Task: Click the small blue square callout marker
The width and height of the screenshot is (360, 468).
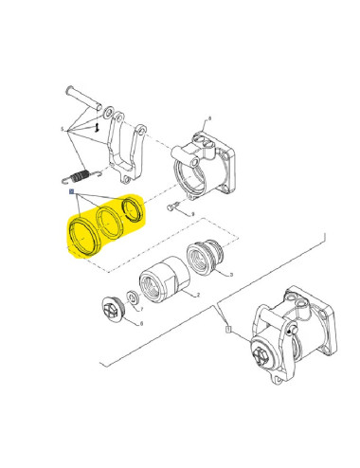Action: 70,192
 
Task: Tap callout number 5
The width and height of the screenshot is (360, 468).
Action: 61,128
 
